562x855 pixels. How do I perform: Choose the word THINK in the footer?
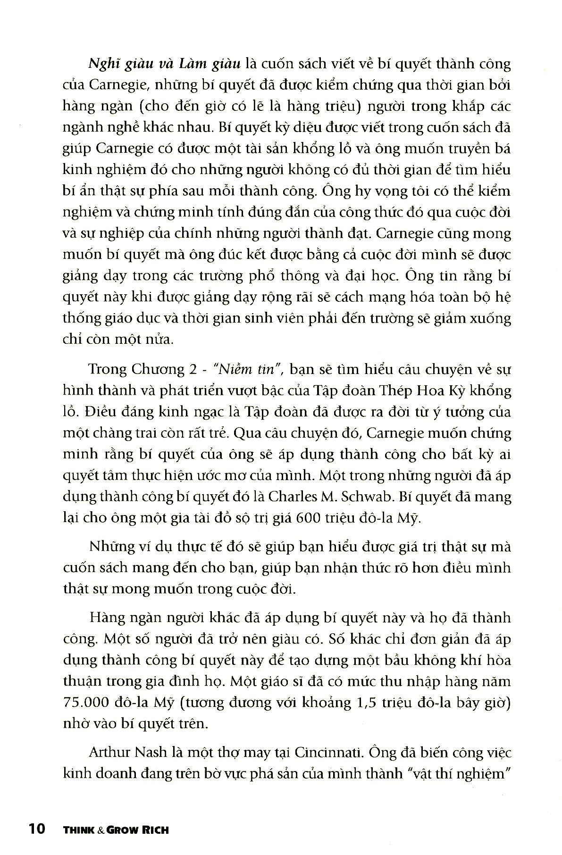(75, 829)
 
